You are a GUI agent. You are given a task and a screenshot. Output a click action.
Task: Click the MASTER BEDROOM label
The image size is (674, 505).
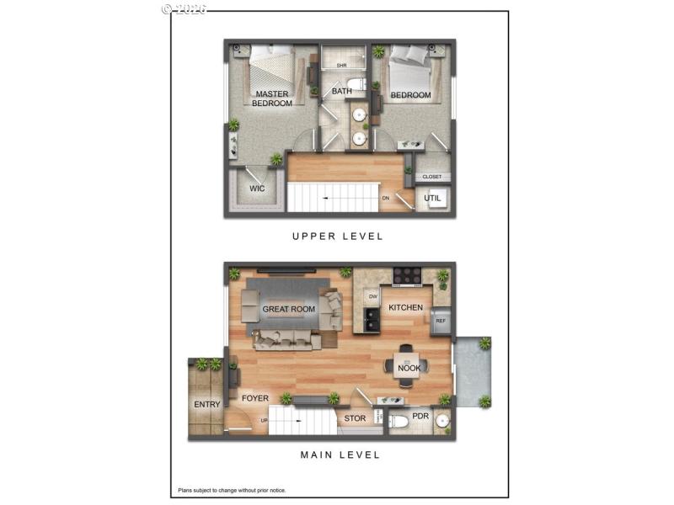(x=272, y=98)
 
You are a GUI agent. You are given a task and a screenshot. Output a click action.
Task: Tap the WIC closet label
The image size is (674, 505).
(x=257, y=189)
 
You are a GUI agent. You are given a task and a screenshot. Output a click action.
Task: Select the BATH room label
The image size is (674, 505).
(x=341, y=91)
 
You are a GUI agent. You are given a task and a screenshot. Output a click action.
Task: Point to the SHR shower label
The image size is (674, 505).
(x=342, y=65)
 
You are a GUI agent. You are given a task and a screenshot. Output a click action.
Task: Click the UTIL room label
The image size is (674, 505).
(x=433, y=199)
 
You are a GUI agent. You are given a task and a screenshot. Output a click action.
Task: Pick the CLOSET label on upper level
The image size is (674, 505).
(x=432, y=177)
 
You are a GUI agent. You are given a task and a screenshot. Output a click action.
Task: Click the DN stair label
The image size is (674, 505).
(x=385, y=198)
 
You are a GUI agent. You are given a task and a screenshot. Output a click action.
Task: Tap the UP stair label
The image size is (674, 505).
(x=265, y=419)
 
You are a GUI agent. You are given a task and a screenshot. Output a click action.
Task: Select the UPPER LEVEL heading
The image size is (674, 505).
(x=337, y=237)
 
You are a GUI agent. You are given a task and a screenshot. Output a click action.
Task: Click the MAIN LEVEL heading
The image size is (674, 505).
(x=340, y=454)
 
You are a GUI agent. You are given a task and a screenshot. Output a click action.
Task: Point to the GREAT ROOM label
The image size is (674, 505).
(x=289, y=309)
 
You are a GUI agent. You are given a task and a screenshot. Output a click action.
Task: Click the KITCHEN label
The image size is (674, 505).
(x=405, y=307)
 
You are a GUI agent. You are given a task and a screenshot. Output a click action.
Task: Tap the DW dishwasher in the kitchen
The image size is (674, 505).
(x=371, y=296)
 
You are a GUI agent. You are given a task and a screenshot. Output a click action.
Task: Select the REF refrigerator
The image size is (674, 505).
(x=440, y=321)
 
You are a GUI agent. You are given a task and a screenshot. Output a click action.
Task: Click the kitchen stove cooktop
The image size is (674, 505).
(x=406, y=274)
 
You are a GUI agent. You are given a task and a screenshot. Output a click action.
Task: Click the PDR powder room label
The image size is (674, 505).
(x=420, y=416)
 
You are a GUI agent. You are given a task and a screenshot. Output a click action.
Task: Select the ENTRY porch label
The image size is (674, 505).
(x=207, y=405)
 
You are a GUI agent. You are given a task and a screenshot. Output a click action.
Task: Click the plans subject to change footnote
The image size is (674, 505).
(x=231, y=489)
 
